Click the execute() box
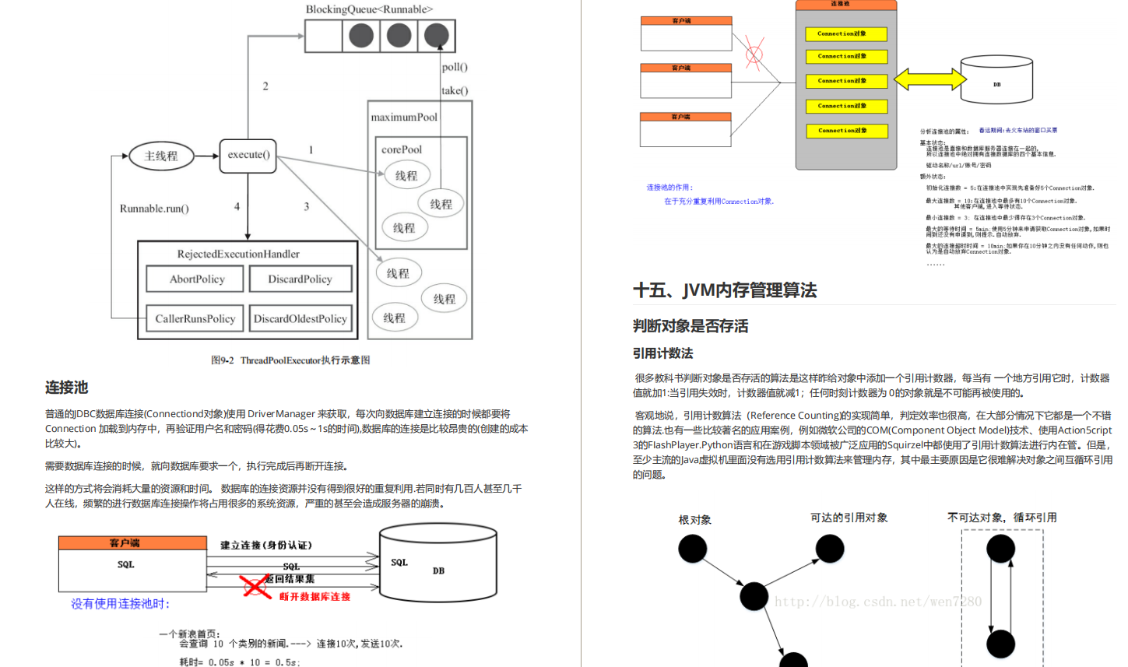point(248,156)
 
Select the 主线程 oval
point(161,156)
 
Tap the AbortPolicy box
point(196,279)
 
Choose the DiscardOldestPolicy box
point(300,319)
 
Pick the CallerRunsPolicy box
point(195,319)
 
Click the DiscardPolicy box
point(300,279)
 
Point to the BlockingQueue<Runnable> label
point(369,9)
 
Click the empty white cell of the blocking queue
point(324,36)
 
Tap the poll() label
point(455,67)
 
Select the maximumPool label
point(404,118)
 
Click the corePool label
point(402,149)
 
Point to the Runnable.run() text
point(154,209)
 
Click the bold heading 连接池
point(66,388)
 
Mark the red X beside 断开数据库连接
point(255,586)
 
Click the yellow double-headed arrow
point(929,79)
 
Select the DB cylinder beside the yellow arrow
point(996,80)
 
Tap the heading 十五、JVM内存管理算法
point(725,290)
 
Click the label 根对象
point(694,520)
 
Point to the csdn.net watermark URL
point(877,602)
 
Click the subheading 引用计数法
point(662,353)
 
